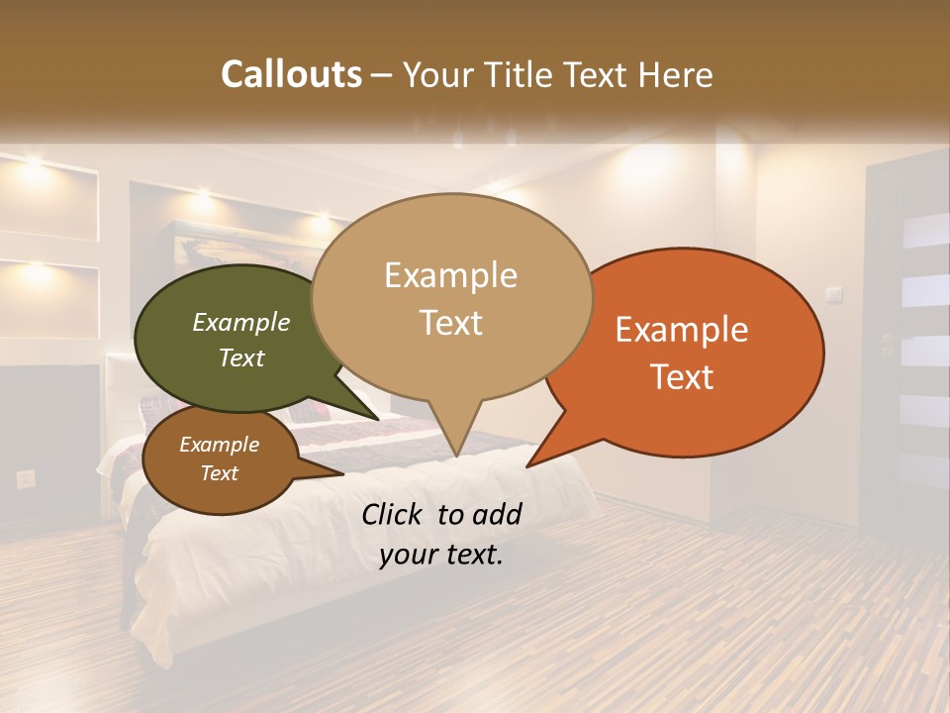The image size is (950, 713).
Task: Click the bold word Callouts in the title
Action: [x=292, y=74]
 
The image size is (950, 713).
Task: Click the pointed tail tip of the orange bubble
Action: [x=528, y=464]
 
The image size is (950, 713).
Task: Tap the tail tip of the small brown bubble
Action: [x=341, y=475]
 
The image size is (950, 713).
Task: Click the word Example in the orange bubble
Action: [x=682, y=330]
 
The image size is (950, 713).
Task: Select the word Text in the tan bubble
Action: [x=451, y=323]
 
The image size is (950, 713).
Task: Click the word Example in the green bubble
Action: [x=241, y=323]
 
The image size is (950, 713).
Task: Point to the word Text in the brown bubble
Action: [x=220, y=473]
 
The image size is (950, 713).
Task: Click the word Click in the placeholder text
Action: [x=393, y=514]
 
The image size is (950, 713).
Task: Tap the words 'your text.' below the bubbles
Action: [x=441, y=555]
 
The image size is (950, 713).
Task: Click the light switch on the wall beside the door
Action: [x=834, y=293]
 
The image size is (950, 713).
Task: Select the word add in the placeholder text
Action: [x=496, y=514]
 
